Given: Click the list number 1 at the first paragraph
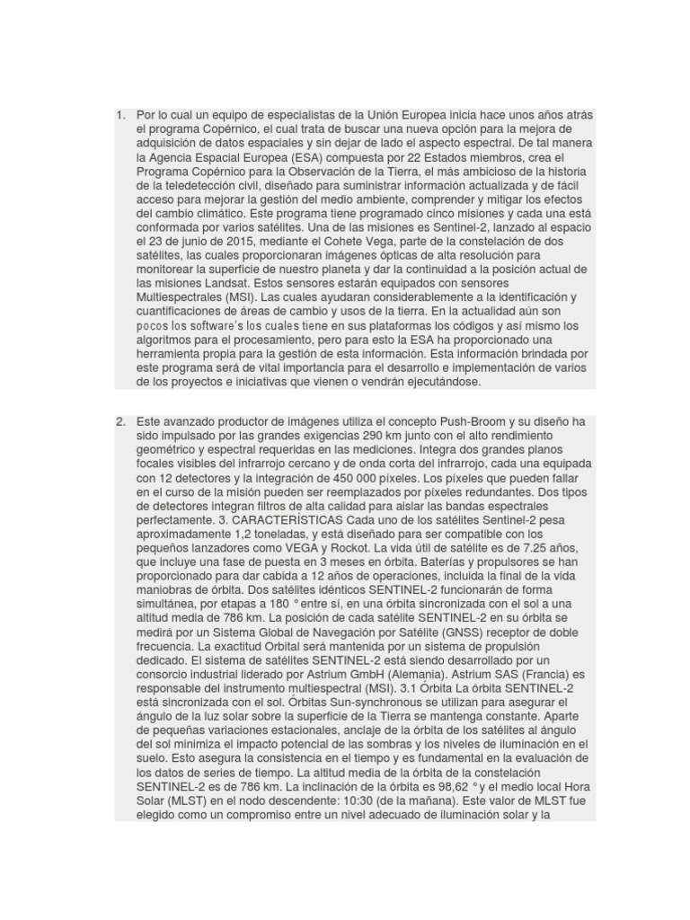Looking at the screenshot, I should pos(119,116).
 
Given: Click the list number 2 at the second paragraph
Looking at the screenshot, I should pos(119,421).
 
